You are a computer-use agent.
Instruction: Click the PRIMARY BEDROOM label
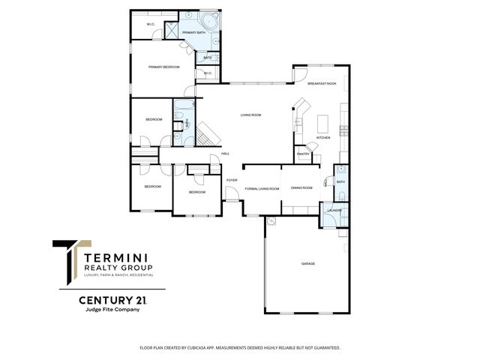(x=163, y=67)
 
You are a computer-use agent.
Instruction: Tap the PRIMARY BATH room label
(x=193, y=33)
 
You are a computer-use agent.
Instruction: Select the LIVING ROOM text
(x=250, y=115)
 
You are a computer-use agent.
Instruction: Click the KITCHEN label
(x=323, y=138)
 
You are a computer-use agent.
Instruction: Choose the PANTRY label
(x=303, y=154)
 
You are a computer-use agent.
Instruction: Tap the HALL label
(x=225, y=154)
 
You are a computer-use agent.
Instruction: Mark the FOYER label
(x=232, y=180)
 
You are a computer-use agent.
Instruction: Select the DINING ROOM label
(x=301, y=188)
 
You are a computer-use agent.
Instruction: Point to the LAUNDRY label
(x=334, y=210)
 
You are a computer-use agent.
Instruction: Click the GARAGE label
(x=307, y=264)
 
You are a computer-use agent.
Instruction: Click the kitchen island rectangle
(x=325, y=121)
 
